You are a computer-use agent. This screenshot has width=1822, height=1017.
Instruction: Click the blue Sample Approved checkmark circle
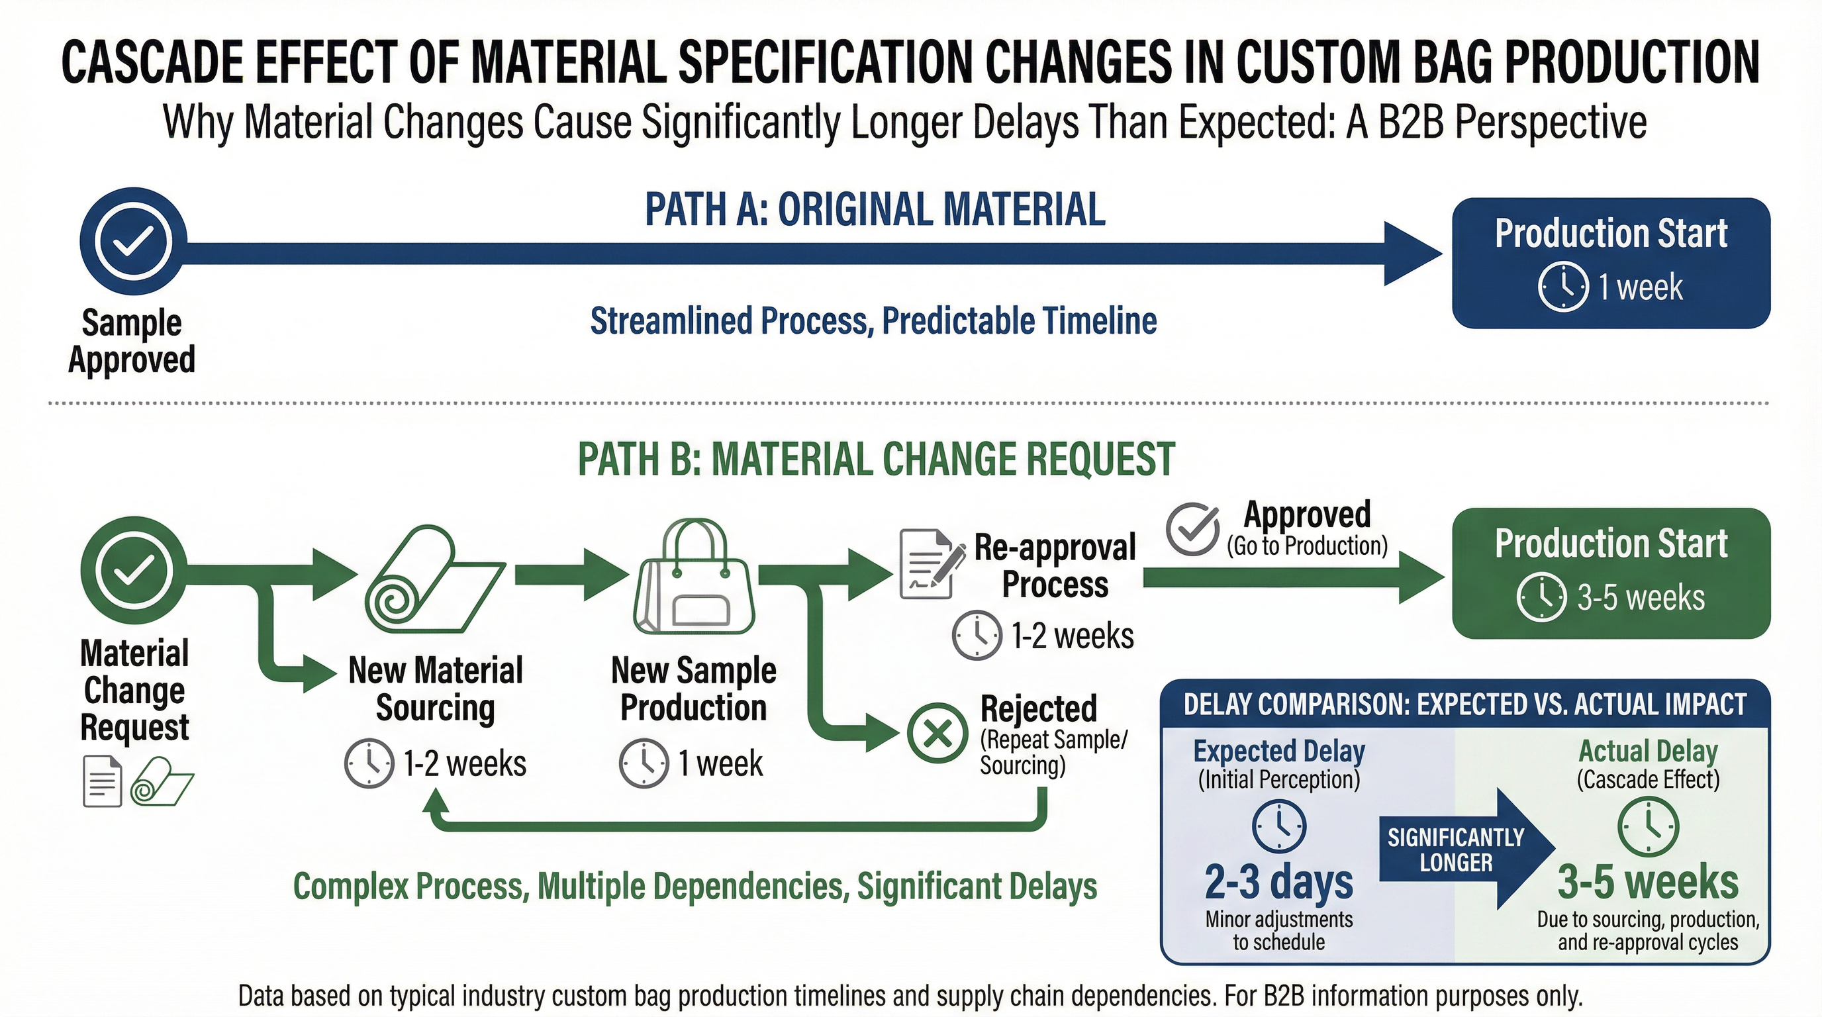(x=133, y=241)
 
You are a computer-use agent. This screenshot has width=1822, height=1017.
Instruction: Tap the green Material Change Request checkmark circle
(x=133, y=570)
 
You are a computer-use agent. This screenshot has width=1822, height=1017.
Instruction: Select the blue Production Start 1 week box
(x=1611, y=262)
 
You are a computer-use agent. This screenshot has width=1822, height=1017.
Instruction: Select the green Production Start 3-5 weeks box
(x=1611, y=573)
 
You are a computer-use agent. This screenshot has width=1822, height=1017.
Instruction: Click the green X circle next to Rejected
(x=937, y=734)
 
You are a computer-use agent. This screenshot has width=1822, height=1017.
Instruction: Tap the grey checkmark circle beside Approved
(x=1192, y=529)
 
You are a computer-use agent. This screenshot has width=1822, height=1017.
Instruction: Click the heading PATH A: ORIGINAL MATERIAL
(x=875, y=210)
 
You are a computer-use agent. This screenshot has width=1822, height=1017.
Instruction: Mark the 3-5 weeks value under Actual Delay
(x=1647, y=882)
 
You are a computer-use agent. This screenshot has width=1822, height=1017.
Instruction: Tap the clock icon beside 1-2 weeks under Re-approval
(x=977, y=635)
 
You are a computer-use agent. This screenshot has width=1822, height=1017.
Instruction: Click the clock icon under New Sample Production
(x=644, y=763)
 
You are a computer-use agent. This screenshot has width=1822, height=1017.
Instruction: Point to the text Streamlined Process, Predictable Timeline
(x=873, y=321)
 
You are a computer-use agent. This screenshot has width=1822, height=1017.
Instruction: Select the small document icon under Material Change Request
(x=102, y=781)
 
